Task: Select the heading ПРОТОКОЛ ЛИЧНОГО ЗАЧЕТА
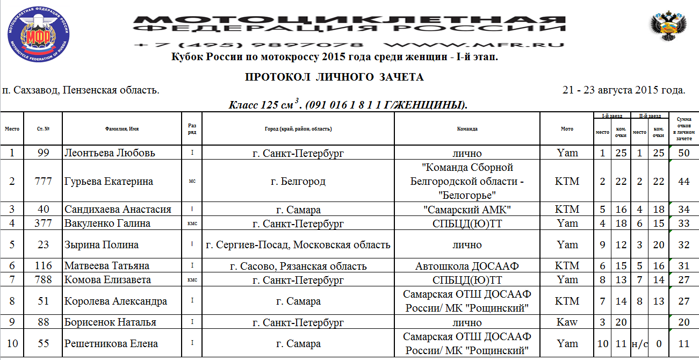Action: pos(334,77)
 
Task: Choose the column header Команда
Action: pos(467,129)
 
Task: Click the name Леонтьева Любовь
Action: pos(110,153)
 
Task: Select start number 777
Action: pos(43,181)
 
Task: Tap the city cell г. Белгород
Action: pos(298,181)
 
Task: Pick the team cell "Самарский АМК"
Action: pos(467,210)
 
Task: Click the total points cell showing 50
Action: pos(683,153)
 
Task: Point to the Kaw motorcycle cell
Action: pos(567,322)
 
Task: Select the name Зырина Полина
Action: pos(102,244)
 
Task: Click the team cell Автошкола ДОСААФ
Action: pos(467,265)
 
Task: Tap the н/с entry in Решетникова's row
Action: pos(639,343)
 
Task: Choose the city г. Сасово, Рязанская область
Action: pos(298,265)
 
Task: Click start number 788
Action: pos(43,279)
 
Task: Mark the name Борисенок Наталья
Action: pos(110,322)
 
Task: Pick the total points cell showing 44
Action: pos(683,181)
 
